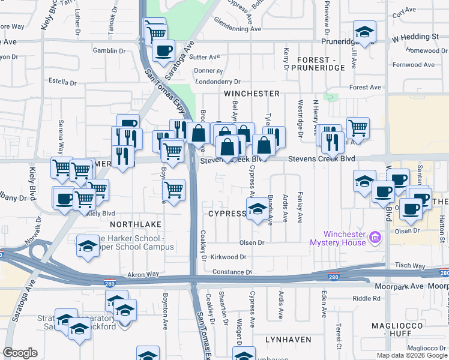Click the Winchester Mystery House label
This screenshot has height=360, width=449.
[x=345, y=238]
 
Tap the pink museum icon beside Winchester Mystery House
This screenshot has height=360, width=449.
[x=376, y=238]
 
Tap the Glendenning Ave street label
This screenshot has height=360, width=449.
[x=238, y=28]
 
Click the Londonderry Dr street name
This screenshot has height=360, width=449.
[x=218, y=82]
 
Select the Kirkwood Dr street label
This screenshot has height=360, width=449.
[x=226, y=257]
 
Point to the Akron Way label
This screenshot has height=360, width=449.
[x=143, y=274]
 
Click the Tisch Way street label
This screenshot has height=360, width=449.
[x=411, y=266]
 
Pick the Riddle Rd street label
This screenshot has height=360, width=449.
[x=367, y=298]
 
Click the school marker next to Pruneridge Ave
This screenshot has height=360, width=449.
[x=364, y=32]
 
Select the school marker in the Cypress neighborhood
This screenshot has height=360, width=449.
[x=257, y=209]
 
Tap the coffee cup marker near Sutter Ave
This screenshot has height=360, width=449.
[x=163, y=50]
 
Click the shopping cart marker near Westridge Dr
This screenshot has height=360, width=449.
[x=358, y=127]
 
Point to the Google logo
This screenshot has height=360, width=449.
[x=20, y=353]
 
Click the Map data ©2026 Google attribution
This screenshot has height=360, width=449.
[x=411, y=355]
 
